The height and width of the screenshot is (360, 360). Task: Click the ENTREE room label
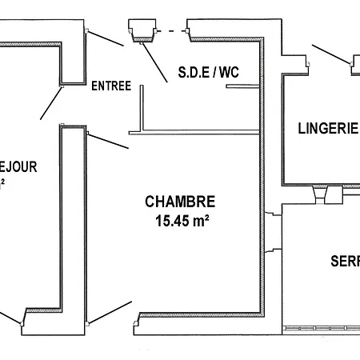(110, 86)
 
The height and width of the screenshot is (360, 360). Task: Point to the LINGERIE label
(327, 127)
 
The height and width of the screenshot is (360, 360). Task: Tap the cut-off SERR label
(345, 262)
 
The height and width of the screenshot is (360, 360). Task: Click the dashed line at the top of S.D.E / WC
(170, 31)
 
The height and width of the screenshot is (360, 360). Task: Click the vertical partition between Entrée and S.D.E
(141, 107)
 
